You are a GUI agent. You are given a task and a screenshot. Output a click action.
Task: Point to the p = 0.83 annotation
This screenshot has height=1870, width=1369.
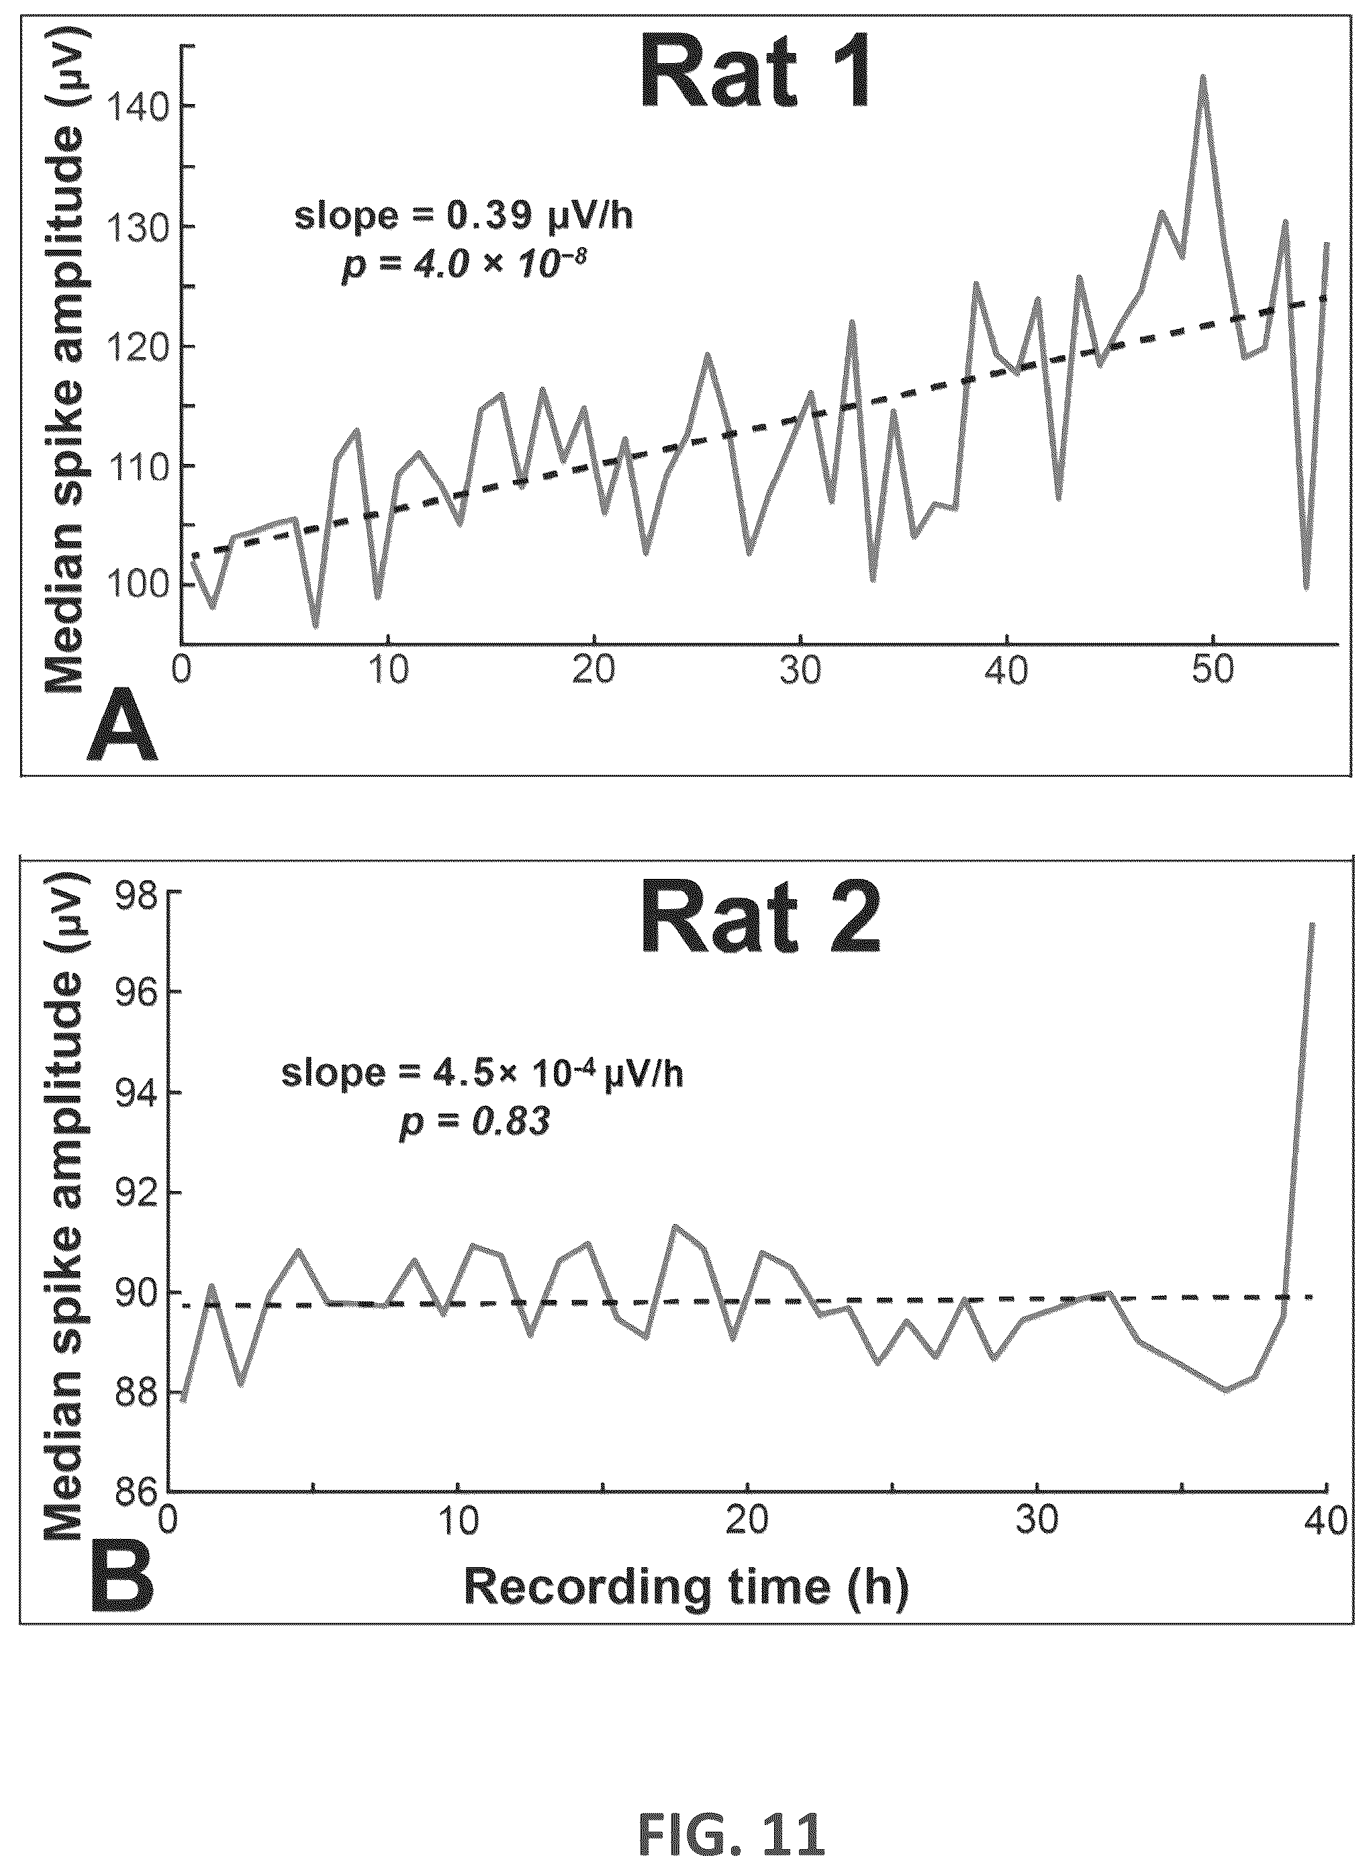pyautogui.click(x=474, y=1123)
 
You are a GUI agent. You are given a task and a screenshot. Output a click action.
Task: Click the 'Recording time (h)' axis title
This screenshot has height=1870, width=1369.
pyautogui.click(x=686, y=1587)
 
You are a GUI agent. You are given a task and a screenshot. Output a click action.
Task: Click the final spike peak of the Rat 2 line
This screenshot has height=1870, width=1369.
pyautogui.click(x=1312, y=925)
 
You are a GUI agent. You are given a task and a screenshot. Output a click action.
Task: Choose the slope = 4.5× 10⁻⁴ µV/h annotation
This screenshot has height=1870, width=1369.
pyautogui.click(x=482, y=1074)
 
